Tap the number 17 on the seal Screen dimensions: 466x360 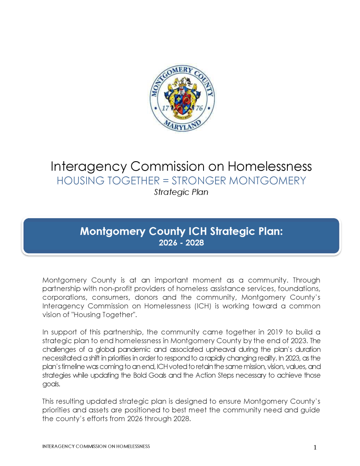point(165,108)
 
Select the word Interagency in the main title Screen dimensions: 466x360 point(89,167)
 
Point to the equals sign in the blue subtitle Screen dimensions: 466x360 point(165,181)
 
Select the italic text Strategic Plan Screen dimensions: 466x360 point(181,192)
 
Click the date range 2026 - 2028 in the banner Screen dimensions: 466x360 point(181,243)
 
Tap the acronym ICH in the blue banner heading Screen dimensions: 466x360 point(198,231)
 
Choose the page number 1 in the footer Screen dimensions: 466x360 point(315,448)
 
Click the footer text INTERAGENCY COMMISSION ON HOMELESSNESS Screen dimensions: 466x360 point(96,447)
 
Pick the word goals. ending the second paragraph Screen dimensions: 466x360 point(50,383)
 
